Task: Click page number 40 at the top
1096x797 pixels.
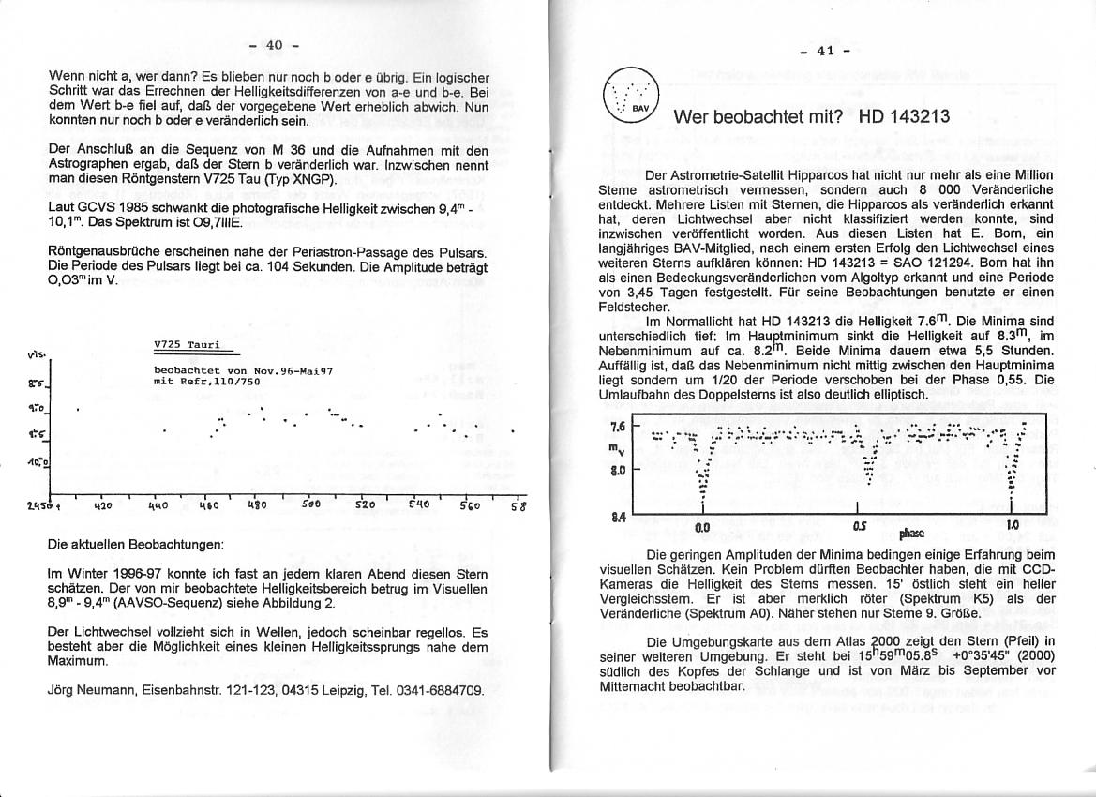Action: [274, 45]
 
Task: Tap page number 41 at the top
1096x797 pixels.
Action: [825, 51]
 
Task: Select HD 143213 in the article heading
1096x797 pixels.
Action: [904, 117]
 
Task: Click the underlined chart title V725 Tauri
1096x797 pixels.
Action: [188, 344]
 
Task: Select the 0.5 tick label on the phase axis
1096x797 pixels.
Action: [861, 526]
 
